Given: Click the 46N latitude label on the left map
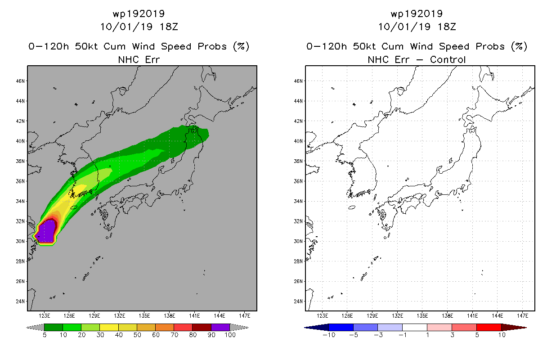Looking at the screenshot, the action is click(20, 81).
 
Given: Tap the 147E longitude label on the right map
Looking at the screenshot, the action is click(523, 316).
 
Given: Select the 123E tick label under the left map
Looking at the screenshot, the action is click(45, 316).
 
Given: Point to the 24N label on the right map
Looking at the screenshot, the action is click(298, 301).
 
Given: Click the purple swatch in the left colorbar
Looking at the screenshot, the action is click(220, 328).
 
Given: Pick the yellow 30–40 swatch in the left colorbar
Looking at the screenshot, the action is click(109, 328).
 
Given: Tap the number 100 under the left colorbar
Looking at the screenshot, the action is click(230, 335).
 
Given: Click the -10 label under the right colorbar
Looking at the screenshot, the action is click(329, 335).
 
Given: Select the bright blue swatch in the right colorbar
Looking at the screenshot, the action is click(341, 328).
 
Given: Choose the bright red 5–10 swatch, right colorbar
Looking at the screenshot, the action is click(489, 328).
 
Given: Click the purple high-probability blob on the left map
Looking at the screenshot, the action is click(46, 231).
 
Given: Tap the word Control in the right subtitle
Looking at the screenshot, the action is click(448, 60).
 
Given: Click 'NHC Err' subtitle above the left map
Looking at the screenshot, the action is click(139, 60).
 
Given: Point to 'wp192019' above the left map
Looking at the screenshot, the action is click(139, 14).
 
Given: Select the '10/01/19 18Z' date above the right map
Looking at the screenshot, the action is click(417, 27).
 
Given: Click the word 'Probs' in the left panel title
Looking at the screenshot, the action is click(212, 46).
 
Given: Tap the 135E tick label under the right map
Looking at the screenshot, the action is click(422, 316).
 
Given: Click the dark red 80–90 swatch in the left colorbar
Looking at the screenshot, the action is click(202, 328).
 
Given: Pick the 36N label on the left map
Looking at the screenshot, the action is click(20, 181).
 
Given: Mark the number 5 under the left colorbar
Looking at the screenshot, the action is click(45, 335).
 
